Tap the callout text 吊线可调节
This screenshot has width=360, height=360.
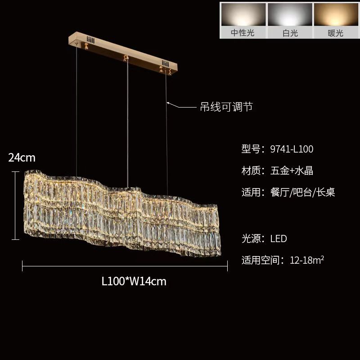point(226,107)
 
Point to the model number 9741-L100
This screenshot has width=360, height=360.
point(292,149)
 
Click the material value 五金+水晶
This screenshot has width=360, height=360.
point(292,171)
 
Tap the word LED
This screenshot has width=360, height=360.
point(279,238)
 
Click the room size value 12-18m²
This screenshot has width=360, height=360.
point(308,260)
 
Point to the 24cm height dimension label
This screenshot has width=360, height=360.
point(22,157)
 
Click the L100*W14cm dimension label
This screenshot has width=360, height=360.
point(134,282)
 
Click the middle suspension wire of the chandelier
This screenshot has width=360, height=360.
point(127,121)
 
